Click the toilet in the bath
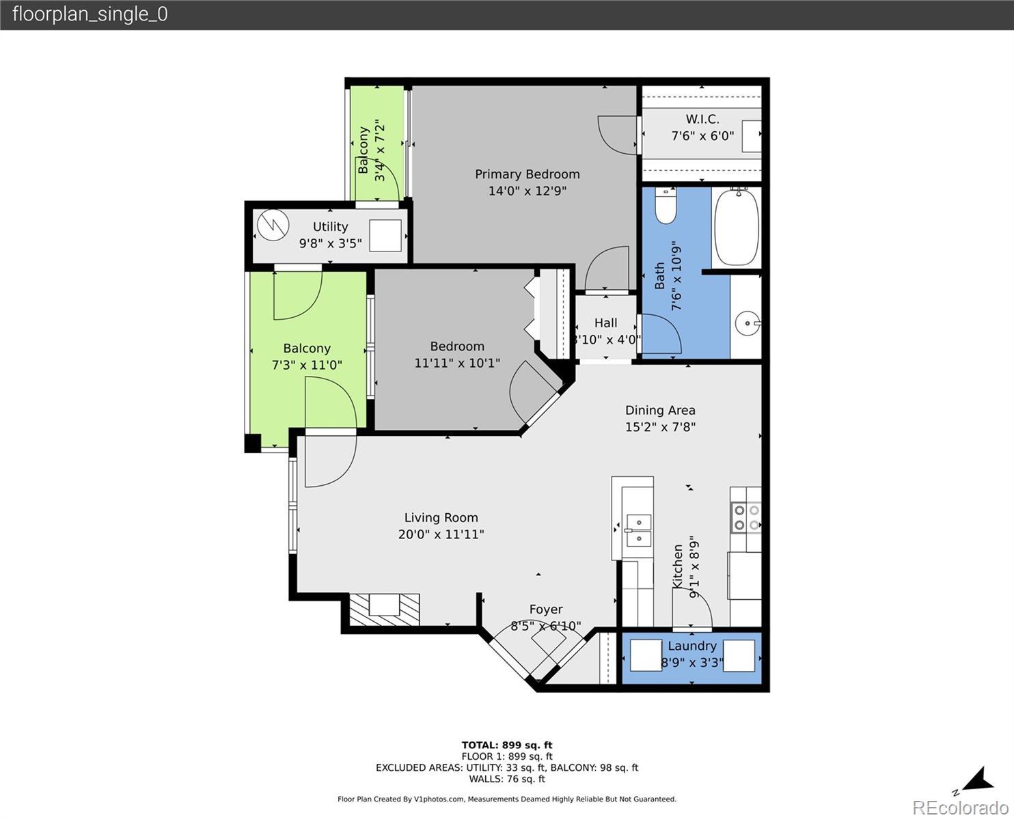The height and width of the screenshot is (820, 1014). pyautogui.click(x=666, y=206)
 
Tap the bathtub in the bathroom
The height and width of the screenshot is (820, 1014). pyautogui.click(x=737, y=227)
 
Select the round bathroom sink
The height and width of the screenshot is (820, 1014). pyautogui.click(x=748, y=324)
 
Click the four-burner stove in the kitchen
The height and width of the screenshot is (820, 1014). pyautogui.click(x=746, y=518)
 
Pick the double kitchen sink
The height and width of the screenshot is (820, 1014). pyautogui.click(x=638, y=530)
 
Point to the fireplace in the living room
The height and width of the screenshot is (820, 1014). pyautogui.click(x=385, y=610)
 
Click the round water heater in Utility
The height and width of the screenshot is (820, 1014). pyautogui.click(x=273, y=225)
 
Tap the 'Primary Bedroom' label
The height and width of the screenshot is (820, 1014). pyautogui.click(x=527, y=174)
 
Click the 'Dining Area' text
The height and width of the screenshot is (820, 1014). pyautogui.click(x=660, y=410)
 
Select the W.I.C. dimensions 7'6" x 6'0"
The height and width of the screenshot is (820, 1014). pyautogui.click(x=702, y=136)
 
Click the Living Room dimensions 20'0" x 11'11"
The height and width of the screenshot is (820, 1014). pyautogui.click(x=441, y=534)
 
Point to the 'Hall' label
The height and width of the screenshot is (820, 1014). pyautogui.click(x=605, y=323)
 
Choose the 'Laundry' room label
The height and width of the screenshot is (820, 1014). pyautogui.click(x=692, y=646)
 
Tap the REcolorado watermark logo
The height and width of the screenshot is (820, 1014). pyautogui.click(x=961, y=808)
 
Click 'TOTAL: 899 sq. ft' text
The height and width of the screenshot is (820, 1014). pyautogui.click(x=507, y=746)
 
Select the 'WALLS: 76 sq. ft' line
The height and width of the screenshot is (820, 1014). pyautogui.click(x=507, y=779)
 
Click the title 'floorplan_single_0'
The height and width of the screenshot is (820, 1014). pyautogui.click(x=90, y=14)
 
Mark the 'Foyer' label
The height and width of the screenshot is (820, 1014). pyautogui.click(x=546, y=609)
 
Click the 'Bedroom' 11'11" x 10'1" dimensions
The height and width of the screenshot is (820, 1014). pyautogui.click(x=458, y=363)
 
